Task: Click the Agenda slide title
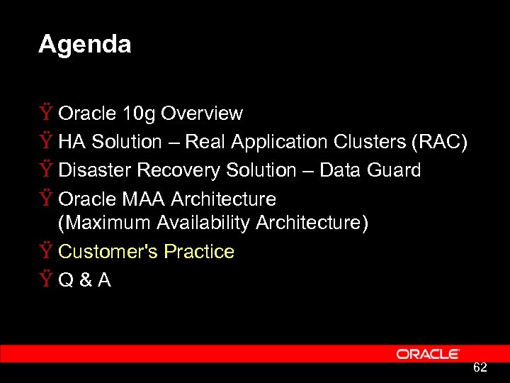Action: pos(84,45)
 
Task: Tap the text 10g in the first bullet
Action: pos(140,113)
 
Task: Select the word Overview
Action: pos(202,113)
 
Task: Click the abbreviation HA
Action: pos(72,142)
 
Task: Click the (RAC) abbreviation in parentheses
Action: pos(440,142)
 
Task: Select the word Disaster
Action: pos(95,170)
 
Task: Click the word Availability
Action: pos(201,223)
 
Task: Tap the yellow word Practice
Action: pos(199,252)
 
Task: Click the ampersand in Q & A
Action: pos(86,281)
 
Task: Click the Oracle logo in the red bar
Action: pos(428,354)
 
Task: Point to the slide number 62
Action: pos(480,367)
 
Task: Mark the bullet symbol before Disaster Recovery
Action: pos(47,170)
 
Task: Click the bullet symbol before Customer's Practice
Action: pos(47,252)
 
